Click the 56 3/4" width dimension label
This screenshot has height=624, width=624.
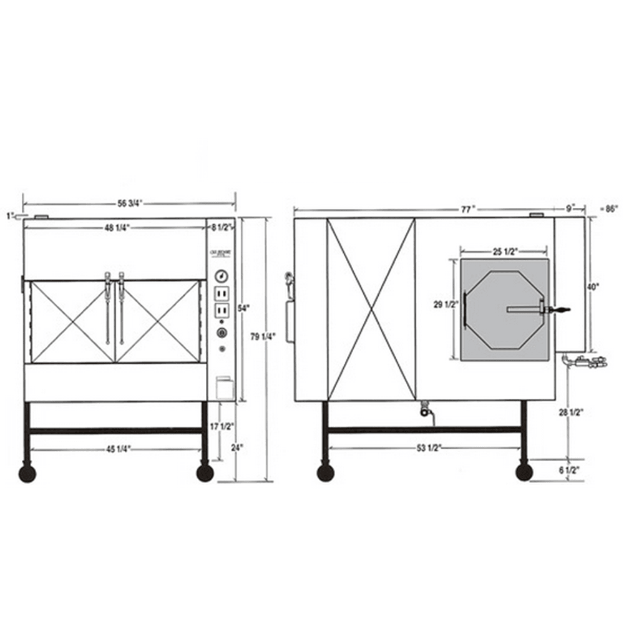(130, 202)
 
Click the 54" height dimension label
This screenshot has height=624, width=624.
(243, 308)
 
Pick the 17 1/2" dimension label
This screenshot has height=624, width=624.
(222, 427)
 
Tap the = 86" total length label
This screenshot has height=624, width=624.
(607, 210)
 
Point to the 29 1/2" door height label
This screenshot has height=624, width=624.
(446, 305)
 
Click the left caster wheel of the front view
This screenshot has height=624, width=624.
(27, 473)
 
